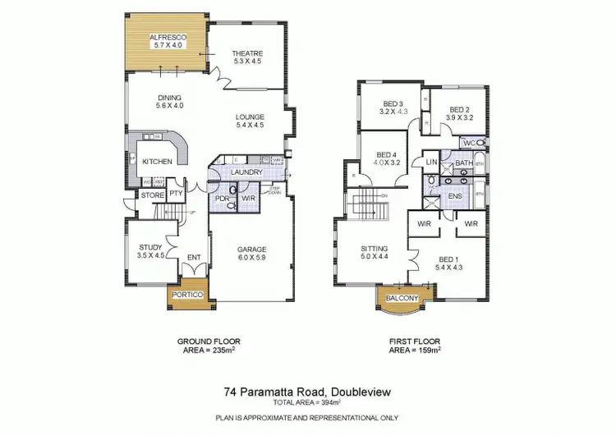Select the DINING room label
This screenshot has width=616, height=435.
170,97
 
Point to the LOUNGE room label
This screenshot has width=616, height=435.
250,117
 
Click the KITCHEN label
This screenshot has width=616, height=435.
157,162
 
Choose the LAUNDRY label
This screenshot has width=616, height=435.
246,172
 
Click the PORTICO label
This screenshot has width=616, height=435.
187,294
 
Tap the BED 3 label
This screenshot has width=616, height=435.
394,103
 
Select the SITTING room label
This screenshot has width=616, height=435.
374,249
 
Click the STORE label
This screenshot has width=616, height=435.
151,195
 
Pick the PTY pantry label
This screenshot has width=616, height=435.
175,195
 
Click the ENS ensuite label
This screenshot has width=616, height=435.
454,197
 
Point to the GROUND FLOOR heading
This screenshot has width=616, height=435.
209,341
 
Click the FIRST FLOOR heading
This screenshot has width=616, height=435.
414,341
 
